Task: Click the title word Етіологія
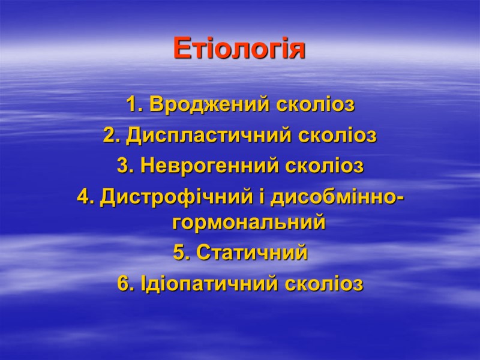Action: click(239, 49)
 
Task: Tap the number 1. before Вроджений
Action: click(134, 106)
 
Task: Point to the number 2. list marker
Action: click(110, 136)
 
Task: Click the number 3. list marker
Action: click(125, 166)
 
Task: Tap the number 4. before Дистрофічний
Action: click(85, 196)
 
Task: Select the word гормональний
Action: click(248, 224)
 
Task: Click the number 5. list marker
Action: click(181, 253)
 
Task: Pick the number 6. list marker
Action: click(126, 283)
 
